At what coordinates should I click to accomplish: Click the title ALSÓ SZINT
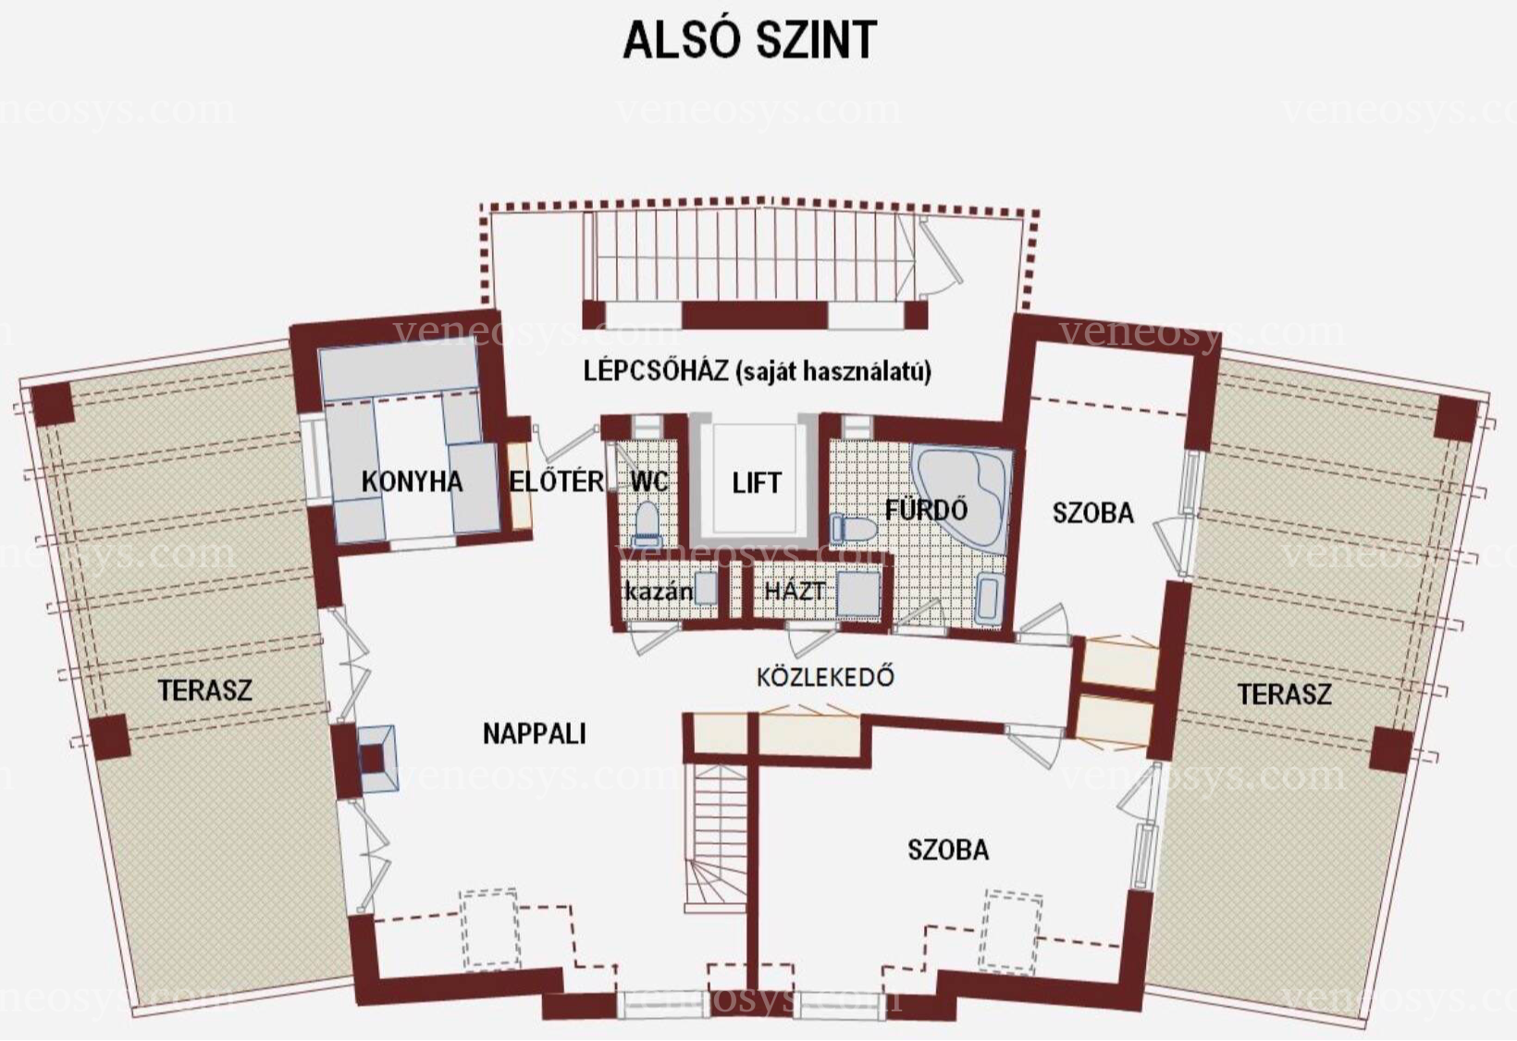(749, 40)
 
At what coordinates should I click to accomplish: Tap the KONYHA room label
(412, 481)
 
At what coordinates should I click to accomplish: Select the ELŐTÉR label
(557, 481)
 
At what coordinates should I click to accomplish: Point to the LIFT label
(757, 483)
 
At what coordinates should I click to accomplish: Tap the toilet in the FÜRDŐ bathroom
(854, 528)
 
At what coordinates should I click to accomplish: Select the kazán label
(659, 591)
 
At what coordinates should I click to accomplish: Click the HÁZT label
(794, 591)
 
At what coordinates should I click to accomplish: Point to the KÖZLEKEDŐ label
(825, 676)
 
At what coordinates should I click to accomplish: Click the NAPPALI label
(535, 734)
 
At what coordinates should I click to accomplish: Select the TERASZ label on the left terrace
(205, 690)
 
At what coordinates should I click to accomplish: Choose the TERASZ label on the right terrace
(1284, 694)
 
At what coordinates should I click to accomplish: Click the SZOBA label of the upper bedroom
(1093, 513)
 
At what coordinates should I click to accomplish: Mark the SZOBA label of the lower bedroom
(948, 849)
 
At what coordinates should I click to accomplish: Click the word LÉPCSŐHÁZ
(656, 370)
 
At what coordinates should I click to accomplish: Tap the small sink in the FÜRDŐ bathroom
(988, 599)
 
